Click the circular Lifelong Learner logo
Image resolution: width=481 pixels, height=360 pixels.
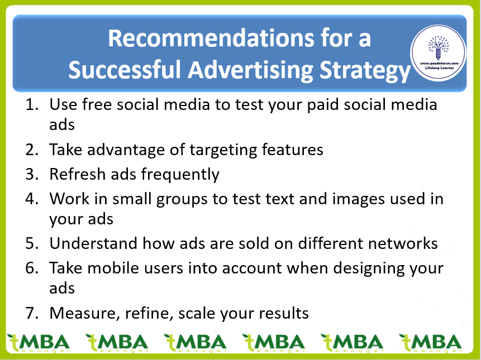coord(439,52)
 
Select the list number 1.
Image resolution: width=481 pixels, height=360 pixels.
coord(32,104)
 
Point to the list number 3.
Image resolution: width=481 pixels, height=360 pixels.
coord(32,174)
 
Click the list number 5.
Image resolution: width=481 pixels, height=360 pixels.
coord(32,243)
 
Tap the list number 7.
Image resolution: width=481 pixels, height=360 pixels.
coord(32,313)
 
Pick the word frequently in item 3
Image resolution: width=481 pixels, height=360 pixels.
coord(180,175)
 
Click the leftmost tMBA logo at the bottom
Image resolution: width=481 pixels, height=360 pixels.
coord(39,343)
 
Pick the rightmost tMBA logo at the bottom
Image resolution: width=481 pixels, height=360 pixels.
coord(431,343)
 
